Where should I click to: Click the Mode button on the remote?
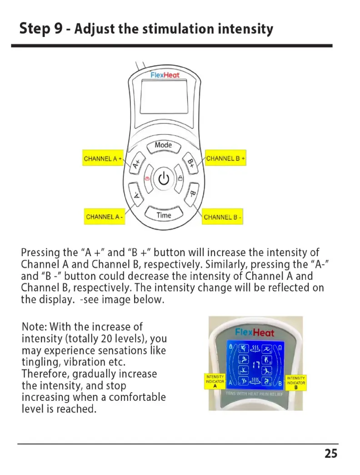pyautogui.click(x=163, y=146)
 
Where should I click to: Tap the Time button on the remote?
pyautogui.click(x=164, y=215)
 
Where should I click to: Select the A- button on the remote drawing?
pyautogui.click(x=137, y=195)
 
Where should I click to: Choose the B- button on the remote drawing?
pyautogui.click(x=192, y=194)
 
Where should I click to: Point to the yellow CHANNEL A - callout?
pyautogui.click(x=105, y=217)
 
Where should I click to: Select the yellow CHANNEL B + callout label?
pyautogui.click(x=225, y=159)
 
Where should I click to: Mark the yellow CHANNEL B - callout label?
pyautogui.click(x=223, y=217)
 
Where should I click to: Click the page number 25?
pyautogui.click(x=331, y=454)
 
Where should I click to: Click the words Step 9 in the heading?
pyautogui.click(x=41, y=29)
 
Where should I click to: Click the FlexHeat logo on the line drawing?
pyautogui.click(x=165, y=75)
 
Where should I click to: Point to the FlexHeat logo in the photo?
pyautogui.click(x=255, y=332)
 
